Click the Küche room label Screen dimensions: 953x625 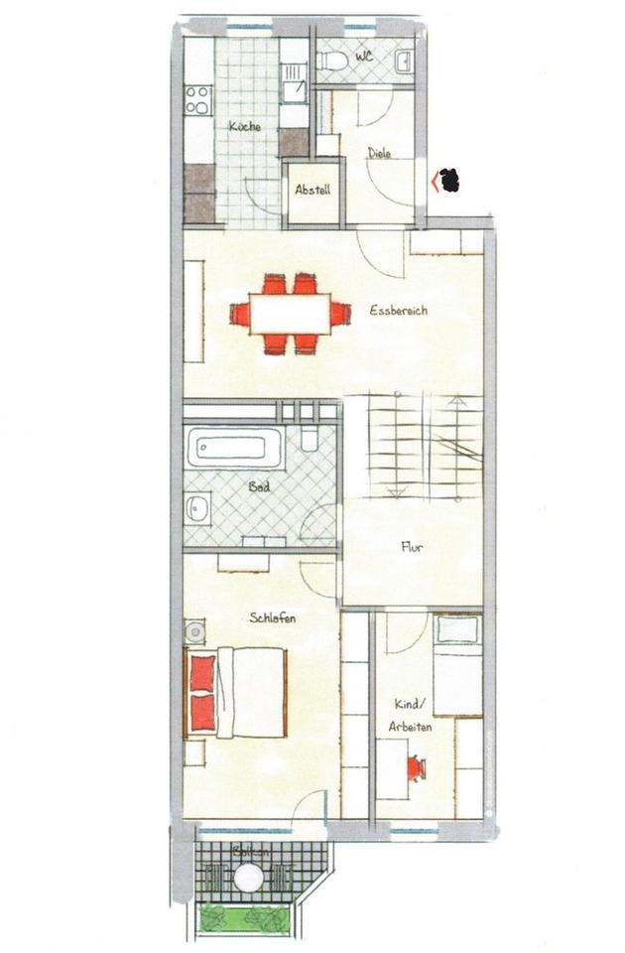tap(244, 126)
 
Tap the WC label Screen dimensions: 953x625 tap(363, 58)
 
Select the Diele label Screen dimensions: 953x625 tap(379, 153)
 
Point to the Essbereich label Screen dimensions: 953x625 tap(398, 311)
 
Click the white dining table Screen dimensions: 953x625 tap(290, 315)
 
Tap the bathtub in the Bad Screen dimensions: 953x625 tap(235, 448)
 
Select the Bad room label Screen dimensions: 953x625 tap(258, 487)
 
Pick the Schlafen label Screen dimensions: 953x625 tap(273, 617)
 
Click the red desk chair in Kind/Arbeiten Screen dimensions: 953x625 tap(416, 767)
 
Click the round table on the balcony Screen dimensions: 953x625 tap(248, 878)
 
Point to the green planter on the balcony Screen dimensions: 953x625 tap(245, 918)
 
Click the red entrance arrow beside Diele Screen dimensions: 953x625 tap(435, 181)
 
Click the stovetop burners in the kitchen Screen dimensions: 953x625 tap(197, 100)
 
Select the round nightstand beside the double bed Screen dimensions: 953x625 tap(195, 630)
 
